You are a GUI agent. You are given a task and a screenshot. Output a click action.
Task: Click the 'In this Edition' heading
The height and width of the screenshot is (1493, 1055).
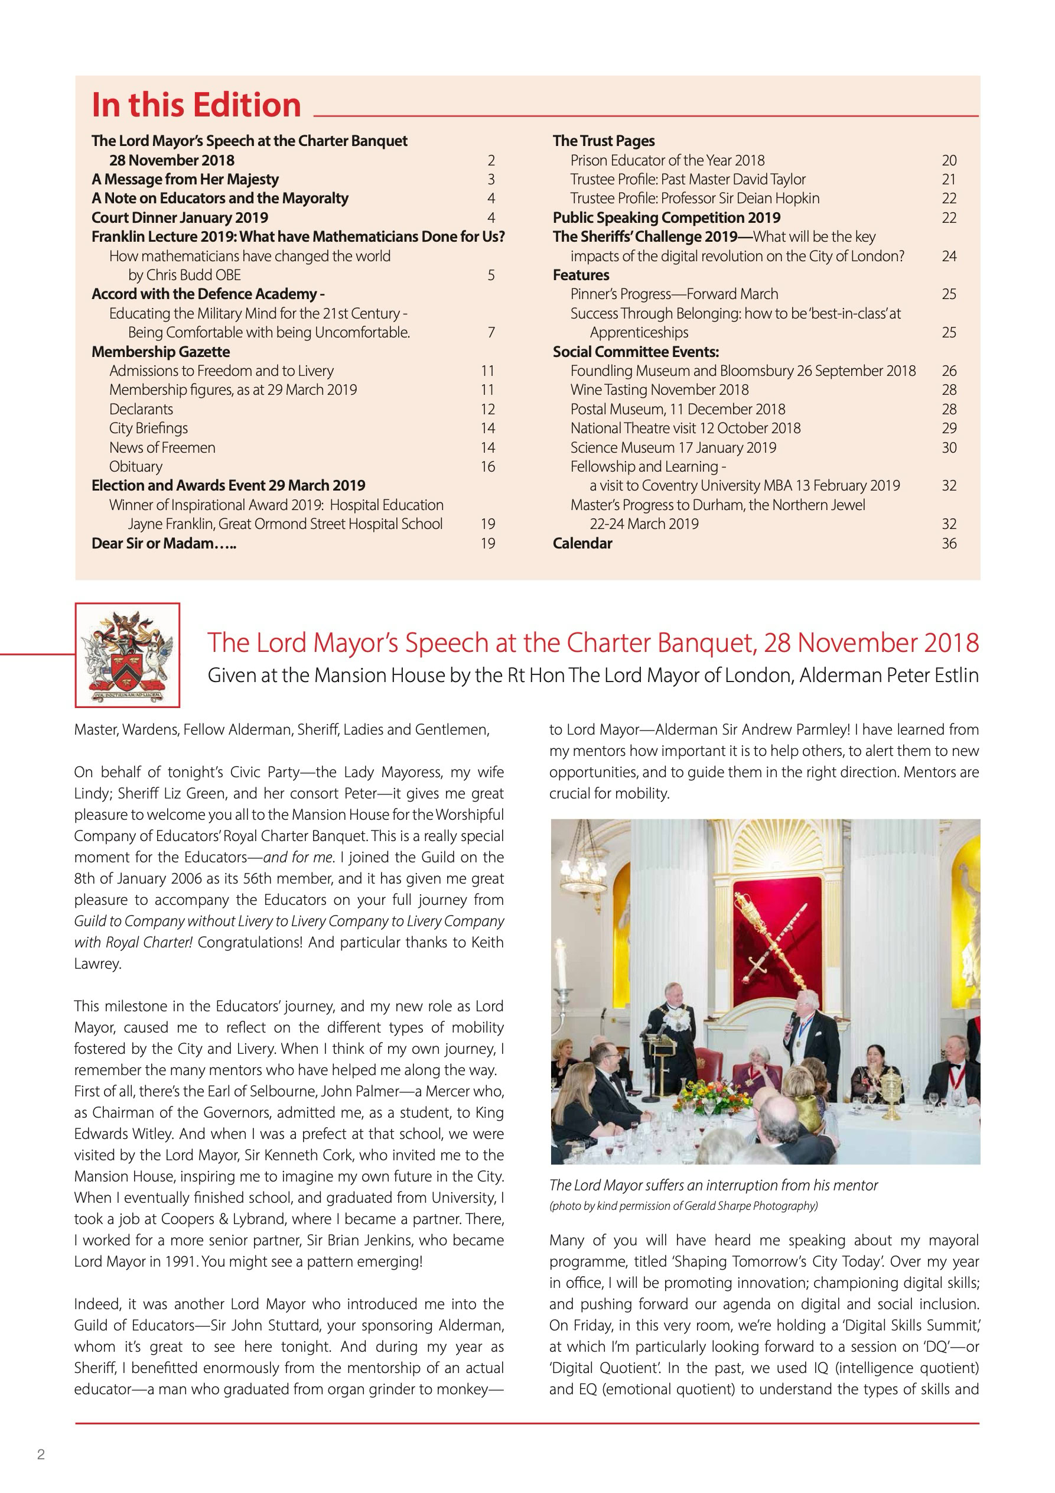tap(196, 105)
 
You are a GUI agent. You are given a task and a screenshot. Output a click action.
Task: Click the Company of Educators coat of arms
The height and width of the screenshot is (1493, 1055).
tap(128, 655)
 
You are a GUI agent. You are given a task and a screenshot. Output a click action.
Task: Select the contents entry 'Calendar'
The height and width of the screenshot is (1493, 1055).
tap(582, 544)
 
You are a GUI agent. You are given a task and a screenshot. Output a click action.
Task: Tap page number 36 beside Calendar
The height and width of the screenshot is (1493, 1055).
tap(949, 544)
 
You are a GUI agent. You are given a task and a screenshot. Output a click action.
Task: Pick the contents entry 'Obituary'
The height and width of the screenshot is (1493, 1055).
tap(136, 467)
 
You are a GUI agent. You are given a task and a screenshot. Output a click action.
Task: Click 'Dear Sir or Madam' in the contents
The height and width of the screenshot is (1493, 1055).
tap(164, 544)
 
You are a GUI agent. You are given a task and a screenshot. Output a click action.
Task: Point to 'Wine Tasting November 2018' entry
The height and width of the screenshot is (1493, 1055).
tap(659, 390)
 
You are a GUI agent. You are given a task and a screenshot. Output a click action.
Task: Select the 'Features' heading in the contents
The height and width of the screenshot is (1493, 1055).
tap(581, 275)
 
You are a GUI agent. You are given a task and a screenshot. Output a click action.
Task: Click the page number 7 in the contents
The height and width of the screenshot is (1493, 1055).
tap(491, 333)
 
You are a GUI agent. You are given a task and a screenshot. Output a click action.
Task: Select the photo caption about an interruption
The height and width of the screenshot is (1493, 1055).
tap(713, 1186)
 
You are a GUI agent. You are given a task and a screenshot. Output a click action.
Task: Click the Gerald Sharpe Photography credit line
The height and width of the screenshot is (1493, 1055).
tap(683, 1206)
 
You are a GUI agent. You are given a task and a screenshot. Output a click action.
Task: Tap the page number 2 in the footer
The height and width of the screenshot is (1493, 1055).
tap(41, 1455)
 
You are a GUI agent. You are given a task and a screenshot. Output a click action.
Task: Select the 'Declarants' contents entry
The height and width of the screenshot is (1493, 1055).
tap(141, 410)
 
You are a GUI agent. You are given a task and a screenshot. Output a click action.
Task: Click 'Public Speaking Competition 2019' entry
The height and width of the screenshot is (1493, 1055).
tap(666, 218)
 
